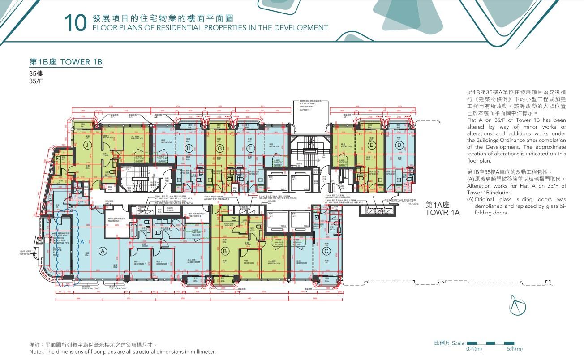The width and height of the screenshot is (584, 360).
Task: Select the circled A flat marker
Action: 102,251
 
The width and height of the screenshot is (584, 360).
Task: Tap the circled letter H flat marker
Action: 189,148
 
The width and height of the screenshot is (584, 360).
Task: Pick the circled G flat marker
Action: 219,148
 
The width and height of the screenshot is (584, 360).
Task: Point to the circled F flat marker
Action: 250,148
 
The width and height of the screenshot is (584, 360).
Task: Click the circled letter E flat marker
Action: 371,145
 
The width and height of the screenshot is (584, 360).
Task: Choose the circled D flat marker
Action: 399,144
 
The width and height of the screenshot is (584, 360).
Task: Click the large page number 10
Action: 75,23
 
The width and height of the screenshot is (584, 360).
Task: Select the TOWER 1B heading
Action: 66,62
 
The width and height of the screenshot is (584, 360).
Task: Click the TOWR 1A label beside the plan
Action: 442,213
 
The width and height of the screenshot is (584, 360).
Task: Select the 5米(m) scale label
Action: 515,349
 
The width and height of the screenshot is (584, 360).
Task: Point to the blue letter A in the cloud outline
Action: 82,241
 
